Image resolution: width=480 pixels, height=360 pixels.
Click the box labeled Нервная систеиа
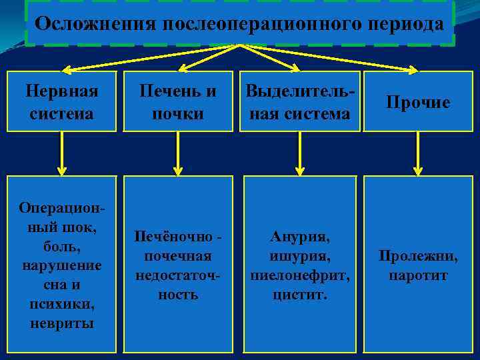pyautogui.click(x=61, y=101)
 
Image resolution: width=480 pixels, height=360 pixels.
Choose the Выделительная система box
pyautogui.click(x=299, y=101)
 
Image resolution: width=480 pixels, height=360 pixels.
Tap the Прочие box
pyautogui.click(x=419, y=102)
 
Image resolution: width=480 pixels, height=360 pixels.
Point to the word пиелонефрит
pyautogui.click(x=299, y=274)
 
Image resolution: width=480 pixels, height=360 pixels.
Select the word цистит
pyautogui.click(x=299, y=293)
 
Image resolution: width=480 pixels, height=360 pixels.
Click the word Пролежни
pyautogui.click(x=419, y=255)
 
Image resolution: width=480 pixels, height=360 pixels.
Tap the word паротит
pyautogui.click(x=419, y=275)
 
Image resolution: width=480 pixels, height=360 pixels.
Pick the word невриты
pyautogui.click(x=61, y=323)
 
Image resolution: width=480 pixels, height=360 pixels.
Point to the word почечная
pyautogui.click(x=177, y=255)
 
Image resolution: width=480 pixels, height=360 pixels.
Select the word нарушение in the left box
pyautogui.click(x=61, y=265)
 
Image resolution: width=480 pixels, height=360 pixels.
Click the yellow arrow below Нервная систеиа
pyautogui.click(x=62, y=153)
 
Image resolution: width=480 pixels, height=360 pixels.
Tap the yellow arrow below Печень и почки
pyautogui.click(x=177, y=153)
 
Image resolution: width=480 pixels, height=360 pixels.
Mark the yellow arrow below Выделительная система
pyautogui.click(x=299, y=153)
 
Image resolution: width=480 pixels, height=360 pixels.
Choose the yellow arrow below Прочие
pyautogui.click(x=418, y=153)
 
